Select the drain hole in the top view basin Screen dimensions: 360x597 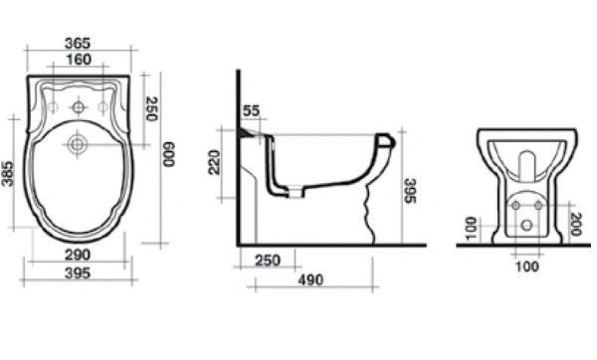point(77,145)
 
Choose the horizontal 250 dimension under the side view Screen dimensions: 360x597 point(266,261)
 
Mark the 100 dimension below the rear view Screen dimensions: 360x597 point(526,266)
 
